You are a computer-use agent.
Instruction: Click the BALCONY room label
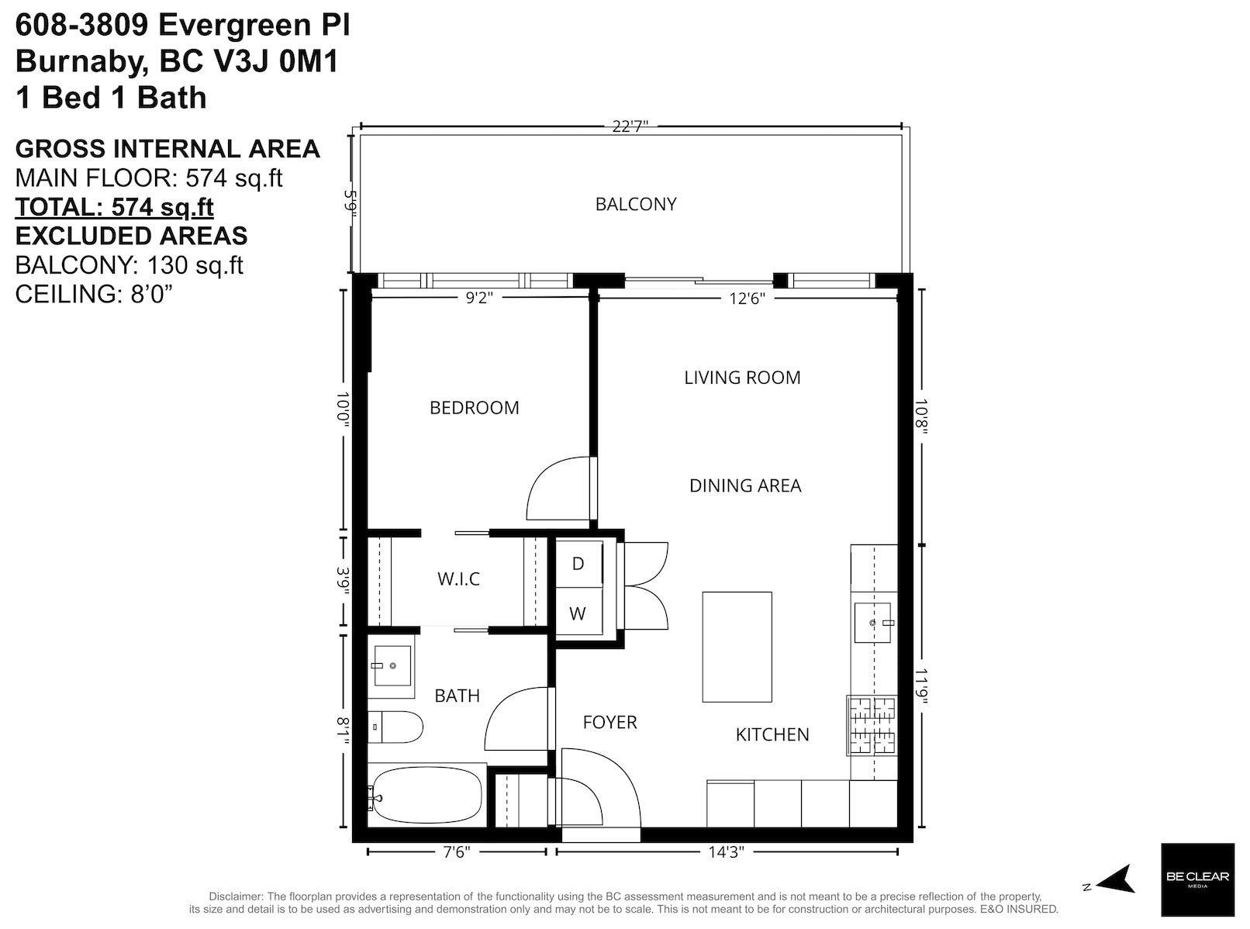(x=636, y=204)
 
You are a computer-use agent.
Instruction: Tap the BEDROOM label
(x=475, y=408)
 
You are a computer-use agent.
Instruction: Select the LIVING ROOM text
(x=742, y=378)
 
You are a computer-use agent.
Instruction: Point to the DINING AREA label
(x=744, y=485)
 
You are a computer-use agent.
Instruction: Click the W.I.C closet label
(x=458, y=579)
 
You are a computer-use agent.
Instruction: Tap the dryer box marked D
(x=578, y=564)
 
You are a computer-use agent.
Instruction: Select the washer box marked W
(x=578, y=614)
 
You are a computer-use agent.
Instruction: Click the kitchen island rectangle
(x=737, y=647)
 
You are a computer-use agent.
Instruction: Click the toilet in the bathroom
(x=395, y=727)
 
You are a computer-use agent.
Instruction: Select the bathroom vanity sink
(x=392, y=665)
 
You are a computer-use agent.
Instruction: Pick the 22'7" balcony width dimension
(x=630, y=126)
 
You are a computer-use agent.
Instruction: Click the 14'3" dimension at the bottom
(x=726, y=852)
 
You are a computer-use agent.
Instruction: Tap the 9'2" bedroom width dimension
(x=479, y=299)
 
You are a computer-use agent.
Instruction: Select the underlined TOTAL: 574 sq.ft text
(x=115, y=207)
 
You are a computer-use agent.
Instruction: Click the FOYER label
(x=610, y=723)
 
